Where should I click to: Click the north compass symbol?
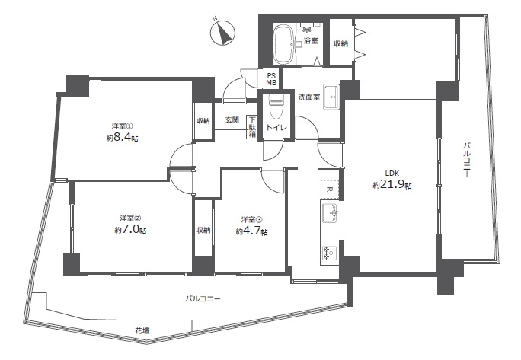click(x=222, y=33)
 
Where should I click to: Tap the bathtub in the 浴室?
click(x=283, y=44)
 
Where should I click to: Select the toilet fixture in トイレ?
click(x=276, y=107)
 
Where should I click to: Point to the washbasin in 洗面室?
click(x=331, y=97)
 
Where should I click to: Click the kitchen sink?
click(x=330, y=212)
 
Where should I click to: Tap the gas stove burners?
click(x=330, y=253)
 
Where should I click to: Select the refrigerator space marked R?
click(x=330, y=190)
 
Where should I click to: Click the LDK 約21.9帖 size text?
click(x=392, y=180)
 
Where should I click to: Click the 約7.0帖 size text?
click(x=130, y=230)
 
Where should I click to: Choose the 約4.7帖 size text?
click(x=252, y=231)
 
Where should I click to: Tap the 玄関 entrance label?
click(x=232, y=119)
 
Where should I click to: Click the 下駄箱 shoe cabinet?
click(x=253, y=126)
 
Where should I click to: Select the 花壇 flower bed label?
click(x=142, y=331)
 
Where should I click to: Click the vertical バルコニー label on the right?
click(x=467, y=159)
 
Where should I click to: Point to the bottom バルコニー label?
click(x=203, y=299)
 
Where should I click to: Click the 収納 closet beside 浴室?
click(x=341, y=43)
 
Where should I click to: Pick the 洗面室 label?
click(x=309, y=97)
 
